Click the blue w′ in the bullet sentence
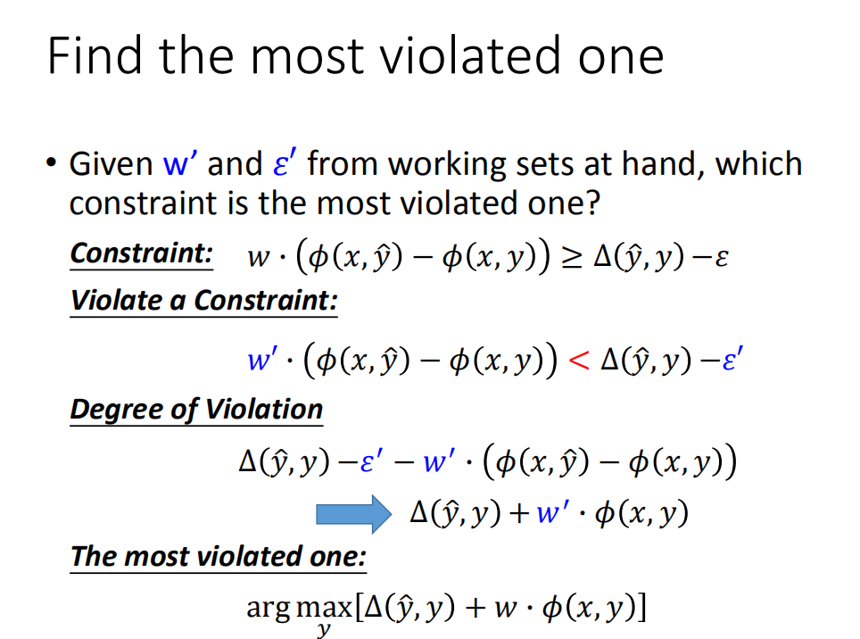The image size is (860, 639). pos(180,163)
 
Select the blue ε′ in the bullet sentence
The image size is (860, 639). pos(285,163)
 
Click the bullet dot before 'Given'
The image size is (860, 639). pos(52,162)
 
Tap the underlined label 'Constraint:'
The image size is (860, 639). pos(142,254)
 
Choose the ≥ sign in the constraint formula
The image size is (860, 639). pos(572,257)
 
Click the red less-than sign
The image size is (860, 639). pos(579,360)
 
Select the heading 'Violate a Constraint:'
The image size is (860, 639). pos(203,301)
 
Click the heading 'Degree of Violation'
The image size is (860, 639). pos(196,410)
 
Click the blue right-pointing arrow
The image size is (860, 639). pos(354,514)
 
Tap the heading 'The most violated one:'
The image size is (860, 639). pos(219,557)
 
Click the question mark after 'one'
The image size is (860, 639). pos(593,203)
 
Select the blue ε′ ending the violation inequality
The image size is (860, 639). pos(732,359)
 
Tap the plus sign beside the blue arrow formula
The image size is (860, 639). pos(518,514)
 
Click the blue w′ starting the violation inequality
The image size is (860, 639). pos(262,360)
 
